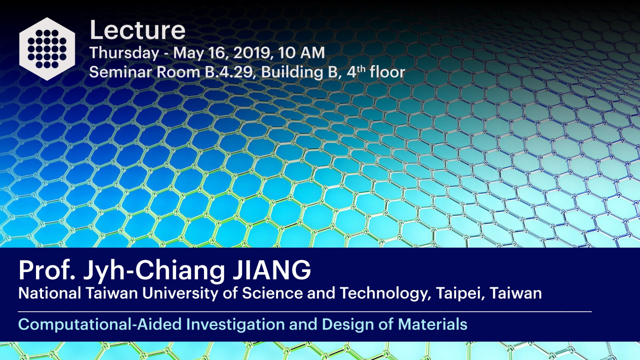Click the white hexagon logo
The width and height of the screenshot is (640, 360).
coord(47,49)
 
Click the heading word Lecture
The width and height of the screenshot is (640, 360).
coord(138,30)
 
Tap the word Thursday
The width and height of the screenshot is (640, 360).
coord(124,53)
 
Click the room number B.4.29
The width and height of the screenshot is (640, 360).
coord(230,72)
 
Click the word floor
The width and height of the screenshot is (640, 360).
coord(387,72)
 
